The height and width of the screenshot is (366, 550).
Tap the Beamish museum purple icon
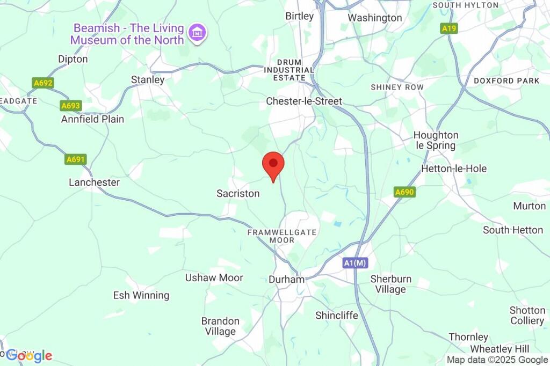[198, 33]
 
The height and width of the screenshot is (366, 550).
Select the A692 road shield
[43, 83]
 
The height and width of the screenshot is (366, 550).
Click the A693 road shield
[70, 106]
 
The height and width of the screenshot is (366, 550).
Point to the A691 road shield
[76, 159]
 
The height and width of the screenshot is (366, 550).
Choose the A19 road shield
[449, 28]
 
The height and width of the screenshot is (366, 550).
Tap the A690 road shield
[404, 192]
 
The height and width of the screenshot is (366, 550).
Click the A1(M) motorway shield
[355, 263]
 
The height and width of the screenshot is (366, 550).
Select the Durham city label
[286, 280]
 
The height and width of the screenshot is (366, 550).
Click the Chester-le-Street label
[304, 101]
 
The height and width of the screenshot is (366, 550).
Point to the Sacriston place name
[238, 193]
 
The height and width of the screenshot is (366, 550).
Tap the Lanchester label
[94, 182]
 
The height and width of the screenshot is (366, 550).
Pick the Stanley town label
[148, 79]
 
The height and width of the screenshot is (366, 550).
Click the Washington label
[374, 18]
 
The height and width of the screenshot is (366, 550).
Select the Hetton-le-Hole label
[454, 169]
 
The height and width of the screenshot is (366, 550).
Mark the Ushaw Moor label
[214, 278]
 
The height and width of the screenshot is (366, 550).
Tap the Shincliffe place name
[337, 315]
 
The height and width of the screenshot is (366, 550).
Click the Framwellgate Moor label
[281, 236]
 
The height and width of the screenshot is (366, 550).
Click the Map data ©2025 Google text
[497, 360]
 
